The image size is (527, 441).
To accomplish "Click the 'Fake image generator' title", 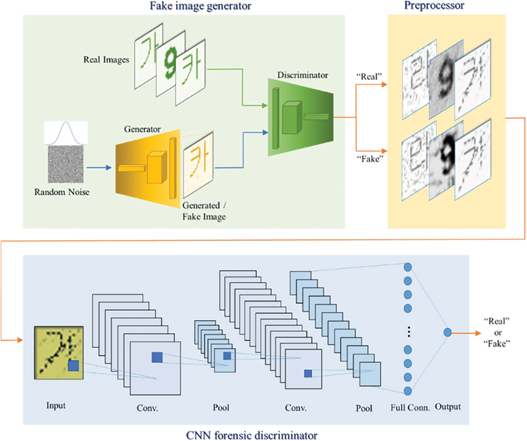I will click(x=200, y=6).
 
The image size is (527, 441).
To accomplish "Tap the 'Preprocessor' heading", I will click(x=434, y=5).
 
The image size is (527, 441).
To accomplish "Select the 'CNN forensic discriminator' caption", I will click(x=252, y=435).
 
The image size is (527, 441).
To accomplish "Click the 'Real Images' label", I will click(x=106, y=60).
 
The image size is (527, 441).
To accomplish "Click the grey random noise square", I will click(x=66, y=164).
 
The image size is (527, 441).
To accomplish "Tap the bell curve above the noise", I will click(x=66, y=133).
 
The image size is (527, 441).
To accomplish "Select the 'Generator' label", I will click(x=142, y=129).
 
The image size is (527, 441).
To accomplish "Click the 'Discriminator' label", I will click(x=302, y=75).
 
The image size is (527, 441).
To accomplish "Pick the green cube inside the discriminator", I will click(x=291, y=118).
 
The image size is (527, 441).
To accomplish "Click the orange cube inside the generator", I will click(x=156, y=167).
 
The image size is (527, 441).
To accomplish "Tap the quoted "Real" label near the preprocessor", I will click(x=369, y=77).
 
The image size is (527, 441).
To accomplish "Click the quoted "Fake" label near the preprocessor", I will click(x=370, y=159).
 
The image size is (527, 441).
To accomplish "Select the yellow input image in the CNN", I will click(x=58, y=352).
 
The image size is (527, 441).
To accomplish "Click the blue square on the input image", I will click(x=73, y=365).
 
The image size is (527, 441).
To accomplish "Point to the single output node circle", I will click(x=447, y=332).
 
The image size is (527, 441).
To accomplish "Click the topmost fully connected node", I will click(x=407, y=267).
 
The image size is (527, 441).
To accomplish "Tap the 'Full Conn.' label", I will click(x=410, y=408).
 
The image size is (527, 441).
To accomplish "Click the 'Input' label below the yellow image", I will click(x=56, y=406).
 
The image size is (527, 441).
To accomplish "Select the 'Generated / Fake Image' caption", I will click(x=204, y=211).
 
